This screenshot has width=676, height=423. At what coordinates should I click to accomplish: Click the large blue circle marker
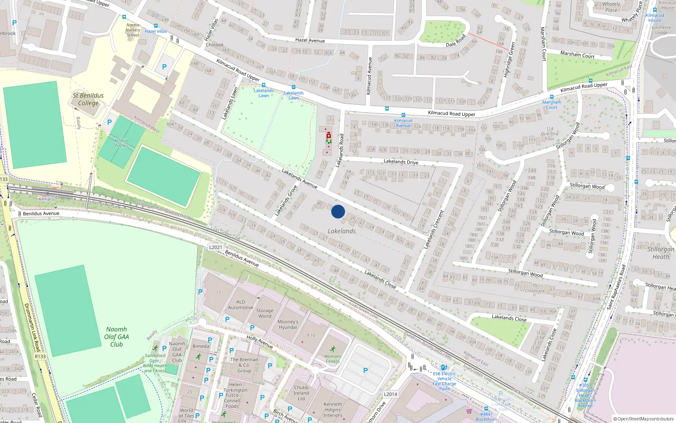click(x=338, y=211)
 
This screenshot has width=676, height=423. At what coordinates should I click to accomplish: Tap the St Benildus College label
click(x=88, y=99)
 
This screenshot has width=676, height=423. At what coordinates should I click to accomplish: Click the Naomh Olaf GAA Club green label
click(x=117, y=337)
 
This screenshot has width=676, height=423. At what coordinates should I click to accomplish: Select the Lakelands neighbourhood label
click(x=341, y=231)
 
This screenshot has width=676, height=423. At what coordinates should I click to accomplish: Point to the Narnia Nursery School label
click(x=133, y=30)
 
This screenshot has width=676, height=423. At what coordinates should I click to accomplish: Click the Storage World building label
click(x=265, y=313)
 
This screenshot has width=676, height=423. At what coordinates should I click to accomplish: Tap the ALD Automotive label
click(x=240, y=305)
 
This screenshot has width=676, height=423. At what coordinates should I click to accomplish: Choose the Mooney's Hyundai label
click(x=288, y=324)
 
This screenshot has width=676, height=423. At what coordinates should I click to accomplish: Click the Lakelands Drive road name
click(x=401, y=162)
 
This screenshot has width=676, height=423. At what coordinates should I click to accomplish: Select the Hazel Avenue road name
click(x=310, y=40)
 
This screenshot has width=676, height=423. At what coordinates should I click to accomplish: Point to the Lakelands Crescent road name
click(x=433, y=229)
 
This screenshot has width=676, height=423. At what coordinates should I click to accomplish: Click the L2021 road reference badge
click(x=215, y=247)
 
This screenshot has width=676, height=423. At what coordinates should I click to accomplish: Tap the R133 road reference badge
click(x=40, y=357)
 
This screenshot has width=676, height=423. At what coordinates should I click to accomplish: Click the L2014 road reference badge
click(x=390, y=394)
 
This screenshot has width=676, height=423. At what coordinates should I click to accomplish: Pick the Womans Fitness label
click(x=333, y=359)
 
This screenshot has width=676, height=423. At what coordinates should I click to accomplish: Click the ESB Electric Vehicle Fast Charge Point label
click(x=444, y=381)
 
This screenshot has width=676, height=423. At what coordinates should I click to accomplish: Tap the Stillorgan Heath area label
click(x=661, y=253)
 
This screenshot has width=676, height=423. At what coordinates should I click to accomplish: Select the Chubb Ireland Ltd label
click(x=301, y=393)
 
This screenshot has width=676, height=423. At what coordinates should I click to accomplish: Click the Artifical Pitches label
click(x=121, y=143)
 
